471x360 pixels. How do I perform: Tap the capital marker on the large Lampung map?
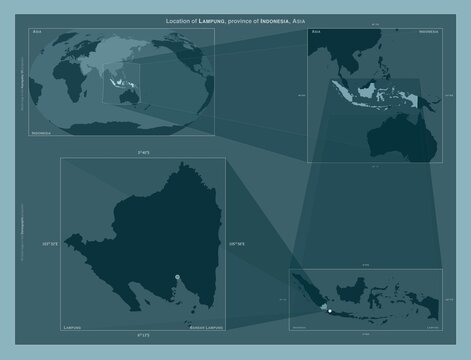[177, 277]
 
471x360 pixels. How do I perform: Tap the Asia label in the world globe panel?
[38, 33]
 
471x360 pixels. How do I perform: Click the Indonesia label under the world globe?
[42, 131]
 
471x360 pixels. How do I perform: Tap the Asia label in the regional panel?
[317, 33]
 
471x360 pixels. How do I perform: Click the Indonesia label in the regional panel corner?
[427, 33]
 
